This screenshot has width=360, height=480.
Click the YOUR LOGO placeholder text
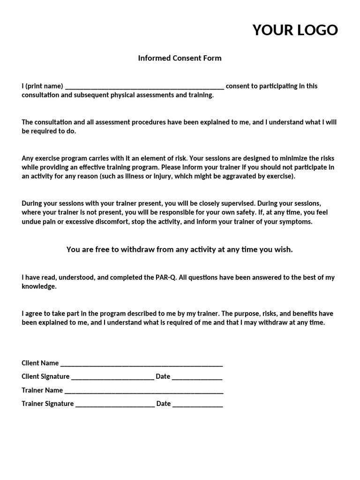click(x=295, y=30)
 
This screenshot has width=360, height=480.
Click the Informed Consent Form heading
click(x=180, y=58)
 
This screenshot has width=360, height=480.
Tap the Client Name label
click(x=40, y=363)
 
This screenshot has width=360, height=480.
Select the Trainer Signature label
click(x=47, y=404)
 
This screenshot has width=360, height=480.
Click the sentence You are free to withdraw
click(x=180, y=249)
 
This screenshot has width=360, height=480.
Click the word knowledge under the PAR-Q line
click(x=39, y=286)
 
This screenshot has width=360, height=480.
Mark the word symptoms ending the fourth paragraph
click(x=296, y=221)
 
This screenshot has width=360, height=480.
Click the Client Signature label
click(x=45, y=376)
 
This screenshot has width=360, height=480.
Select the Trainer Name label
click(x=42, y=390)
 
